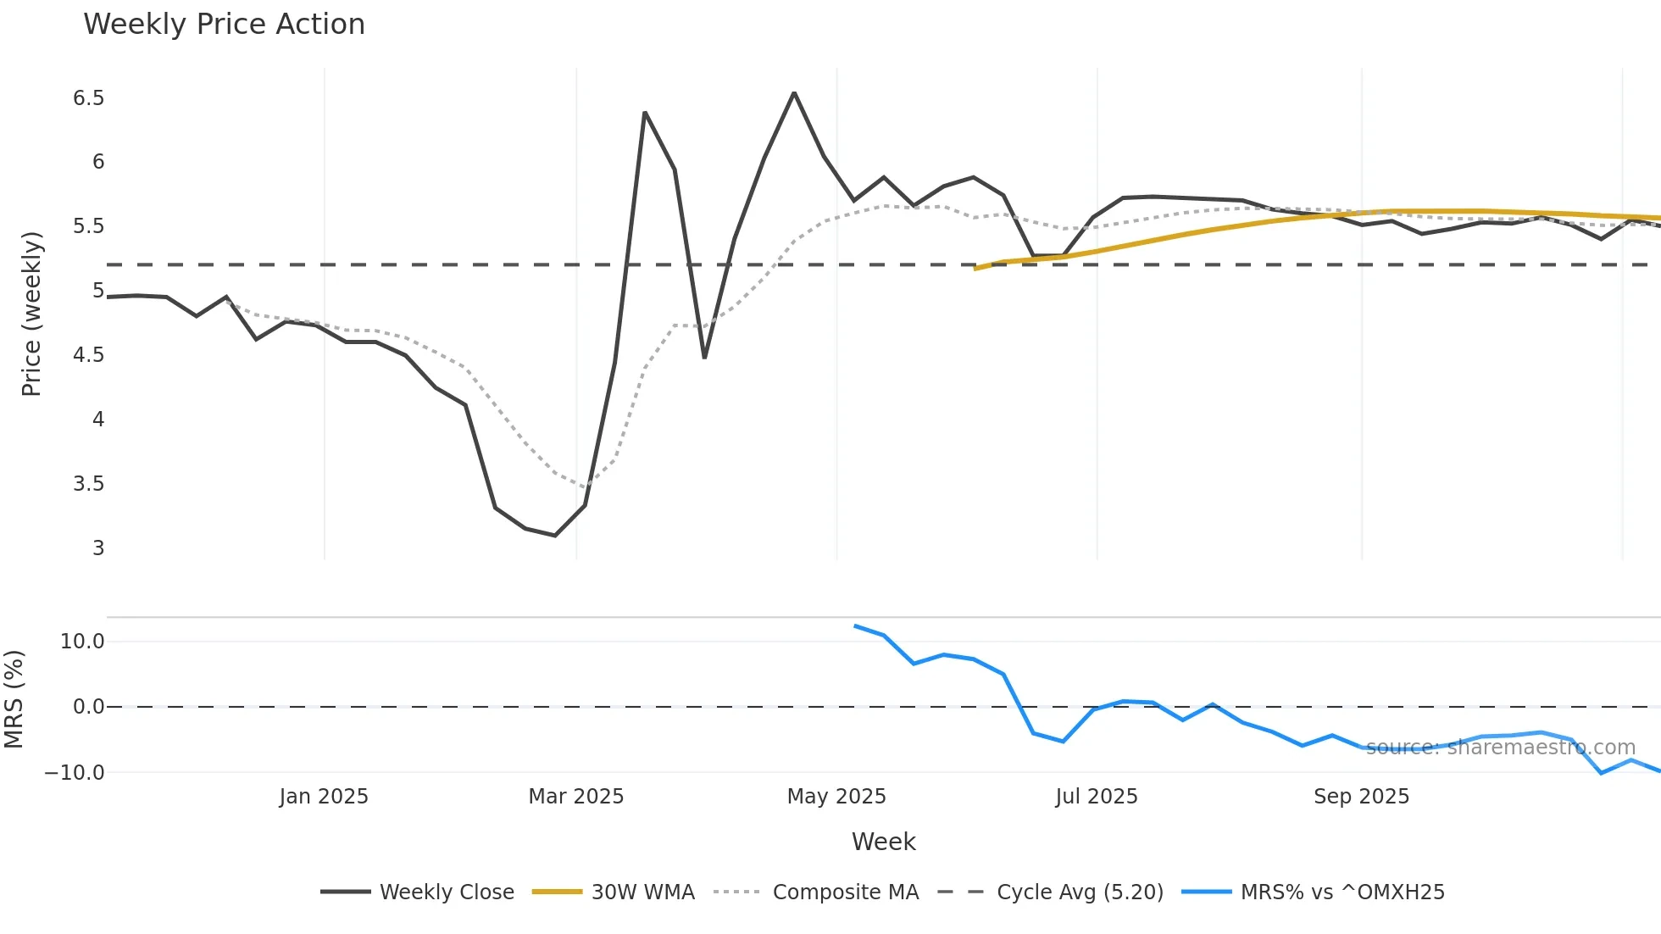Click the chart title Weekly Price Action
coord(224,25)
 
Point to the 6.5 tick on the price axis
coord(88,98)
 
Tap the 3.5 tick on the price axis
coord(88,484)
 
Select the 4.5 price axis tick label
coord(88,355)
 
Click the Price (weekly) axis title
coord(31,314)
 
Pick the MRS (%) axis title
coord(14,699)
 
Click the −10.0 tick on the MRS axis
coord(75,773)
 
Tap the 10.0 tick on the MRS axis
coord(82,642)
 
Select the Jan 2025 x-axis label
coord(324,797)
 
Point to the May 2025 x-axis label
coord(836,797)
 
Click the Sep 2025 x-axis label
coord(1361,797)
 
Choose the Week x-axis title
coord(883,842)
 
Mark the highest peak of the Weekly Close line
coord(794,92)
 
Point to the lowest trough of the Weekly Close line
coord(555,536)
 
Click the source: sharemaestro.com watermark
coord(1500,748)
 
